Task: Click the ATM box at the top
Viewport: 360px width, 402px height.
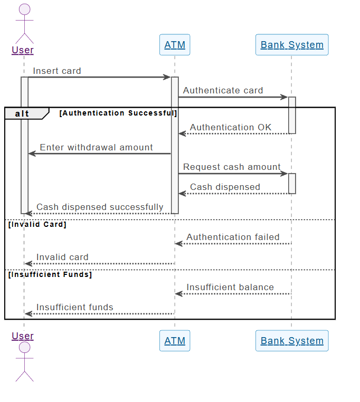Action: pos(175,45)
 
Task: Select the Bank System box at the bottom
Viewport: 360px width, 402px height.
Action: pos(292,341)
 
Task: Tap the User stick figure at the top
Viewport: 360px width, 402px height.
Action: pos(24,24)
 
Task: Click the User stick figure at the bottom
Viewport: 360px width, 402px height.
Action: pos(24,361)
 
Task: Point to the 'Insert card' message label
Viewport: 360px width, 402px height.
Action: pos(57,71)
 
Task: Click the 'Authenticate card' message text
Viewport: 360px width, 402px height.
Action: pos(223,90)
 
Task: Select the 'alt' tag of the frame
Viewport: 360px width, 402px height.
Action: pos(22,113)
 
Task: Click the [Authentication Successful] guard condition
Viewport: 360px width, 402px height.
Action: pos(118,113)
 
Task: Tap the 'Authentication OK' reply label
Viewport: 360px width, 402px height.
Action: pos(231,127)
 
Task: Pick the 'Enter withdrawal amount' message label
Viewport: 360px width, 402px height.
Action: pos(96,147)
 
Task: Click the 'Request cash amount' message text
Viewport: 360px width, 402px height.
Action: pos(232,167)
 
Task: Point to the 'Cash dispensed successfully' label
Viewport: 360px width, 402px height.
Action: pos(100,207)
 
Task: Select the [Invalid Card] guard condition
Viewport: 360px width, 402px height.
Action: pos(37,224)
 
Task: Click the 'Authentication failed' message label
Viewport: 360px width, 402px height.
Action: pos(233,237)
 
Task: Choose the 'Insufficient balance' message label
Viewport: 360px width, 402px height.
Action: pos(230,287)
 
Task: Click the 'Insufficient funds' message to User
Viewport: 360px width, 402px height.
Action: pos(74,307)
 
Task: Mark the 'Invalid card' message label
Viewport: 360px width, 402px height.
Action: pos(62,257)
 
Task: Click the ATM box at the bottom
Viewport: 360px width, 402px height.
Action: pos(175,341)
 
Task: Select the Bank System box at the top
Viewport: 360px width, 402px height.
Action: pos(292,45)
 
